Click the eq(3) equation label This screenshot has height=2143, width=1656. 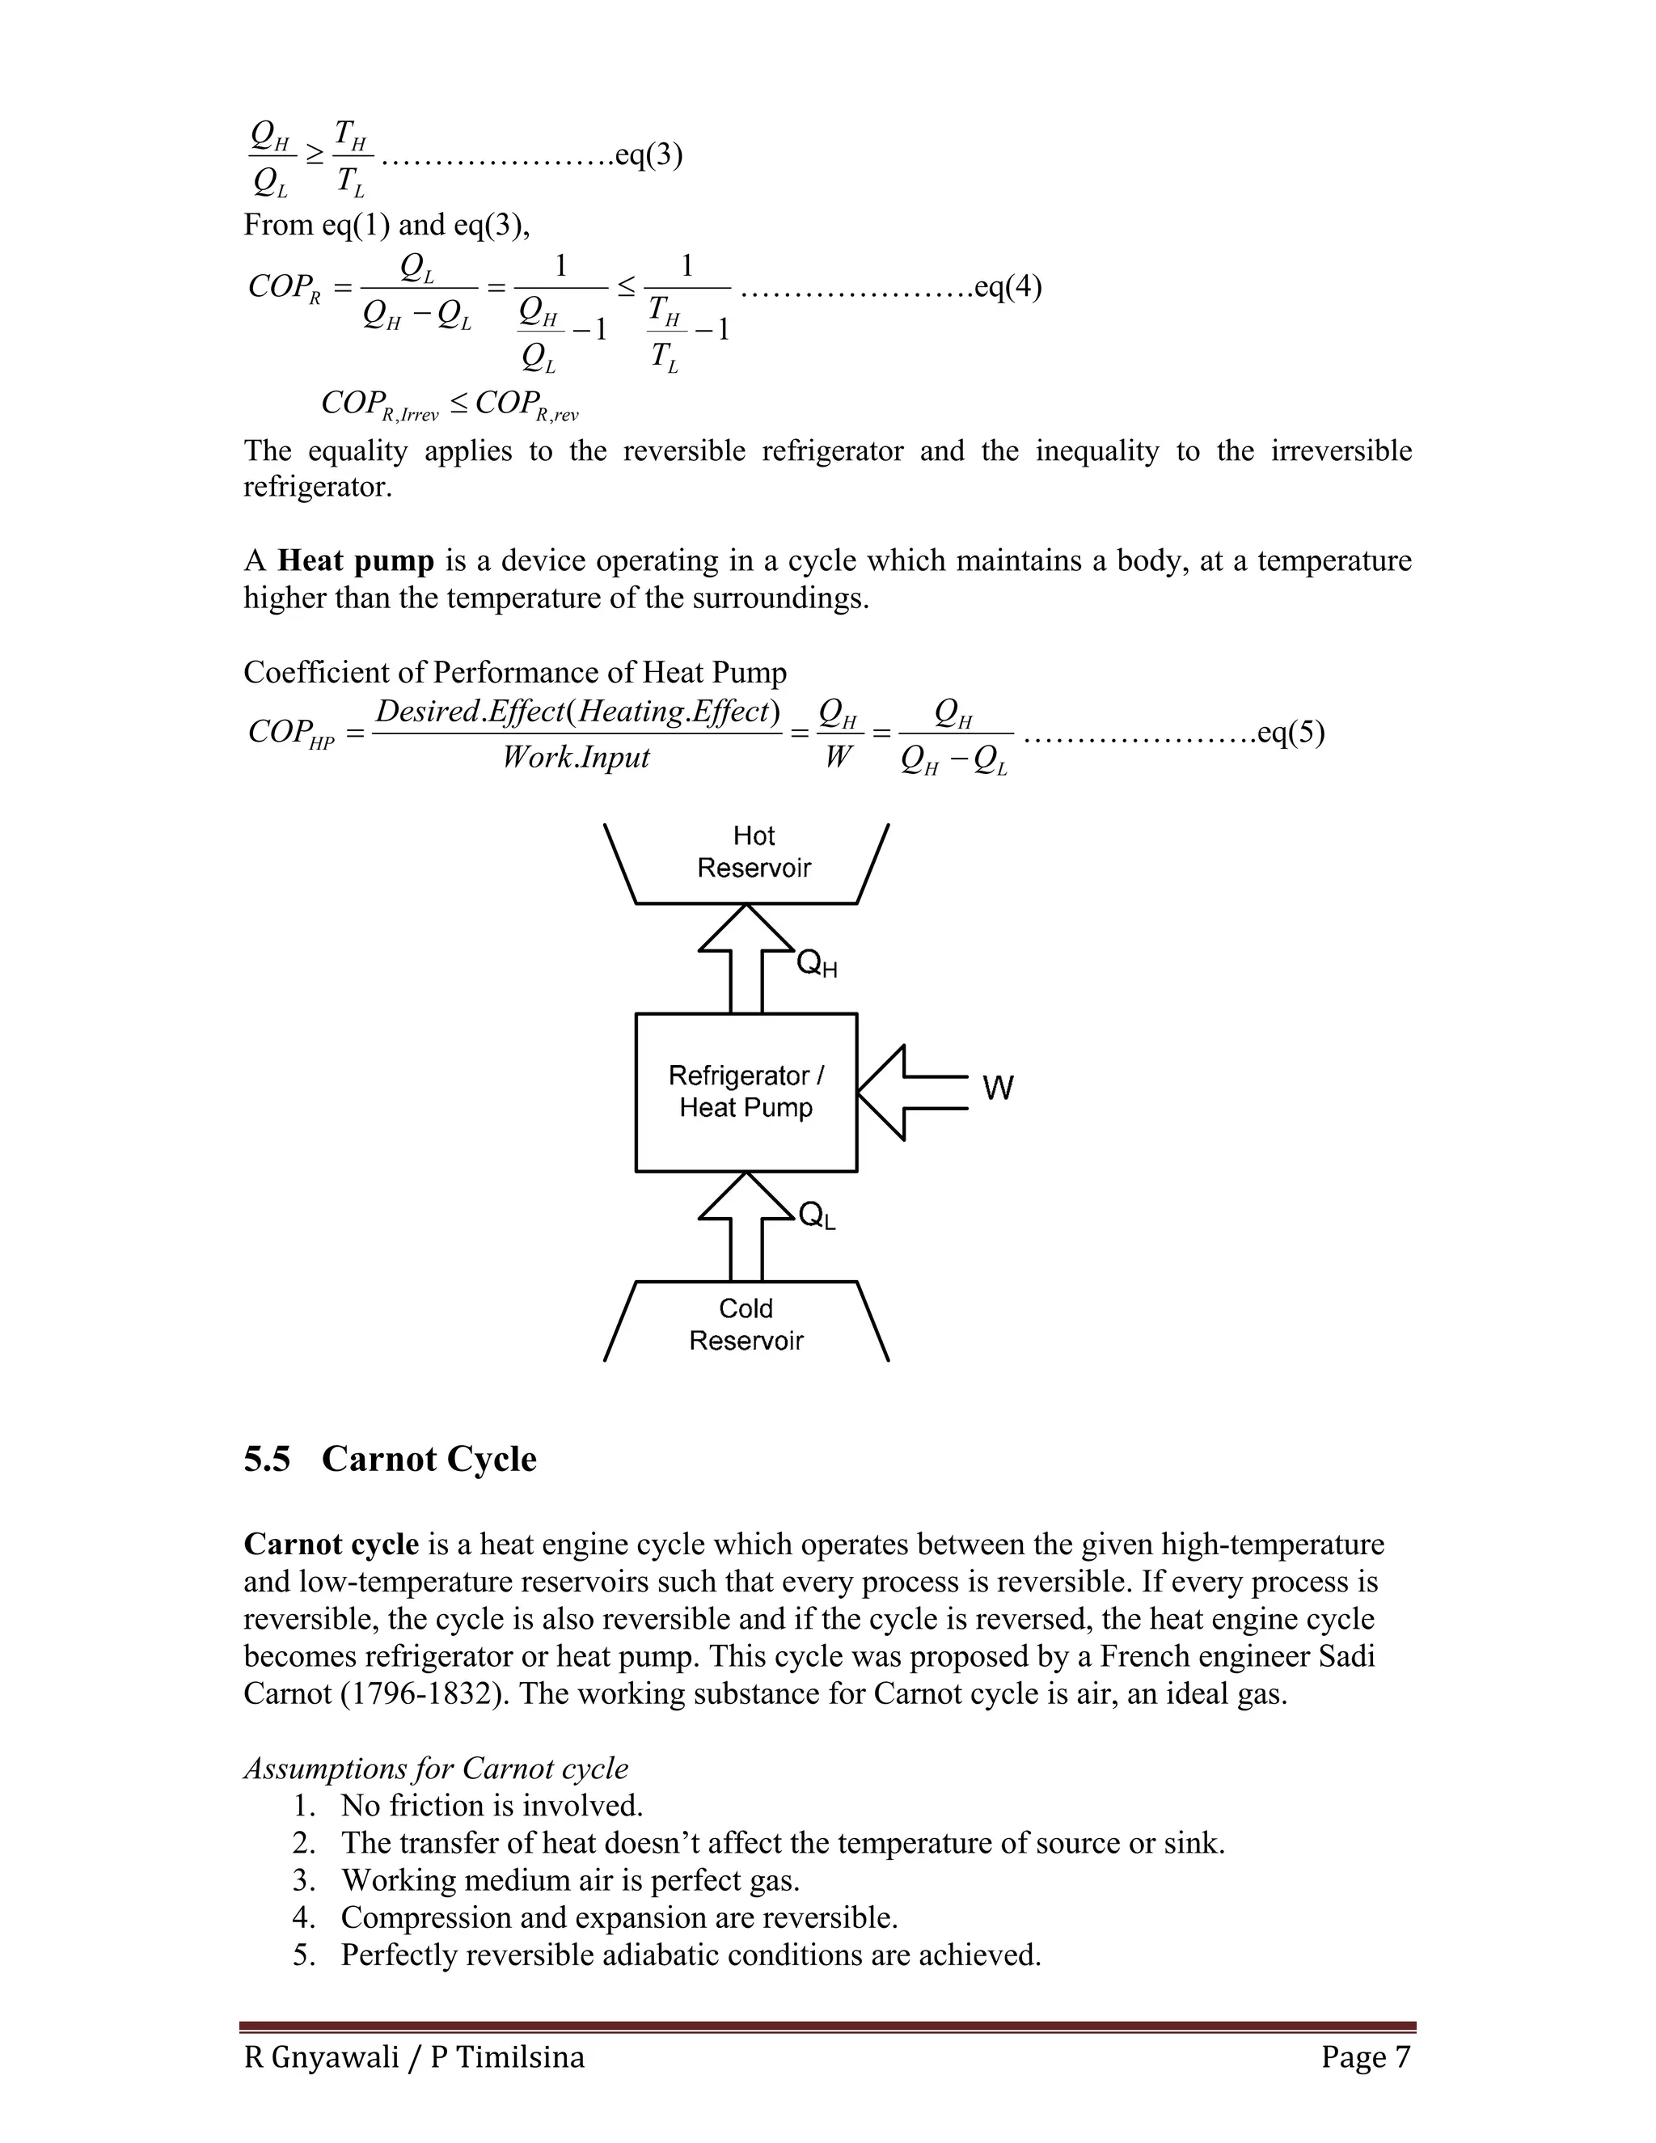coord(648,155)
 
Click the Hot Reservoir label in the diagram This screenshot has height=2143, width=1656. coord(754,852)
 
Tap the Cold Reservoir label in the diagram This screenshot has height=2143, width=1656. coord(746,1324)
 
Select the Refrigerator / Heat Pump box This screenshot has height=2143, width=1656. coord(746,1091)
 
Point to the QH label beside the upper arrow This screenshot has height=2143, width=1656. coord(816,965)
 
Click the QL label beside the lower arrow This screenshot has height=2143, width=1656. coord(816,1217)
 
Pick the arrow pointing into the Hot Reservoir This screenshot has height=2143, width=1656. coord(746,957)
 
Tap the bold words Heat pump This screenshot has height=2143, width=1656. coord(355,561)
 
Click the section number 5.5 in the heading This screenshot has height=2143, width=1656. coord(267,1459)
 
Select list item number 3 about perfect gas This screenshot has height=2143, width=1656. coord(569,1880)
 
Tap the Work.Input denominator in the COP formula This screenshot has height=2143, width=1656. coord(576,758)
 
